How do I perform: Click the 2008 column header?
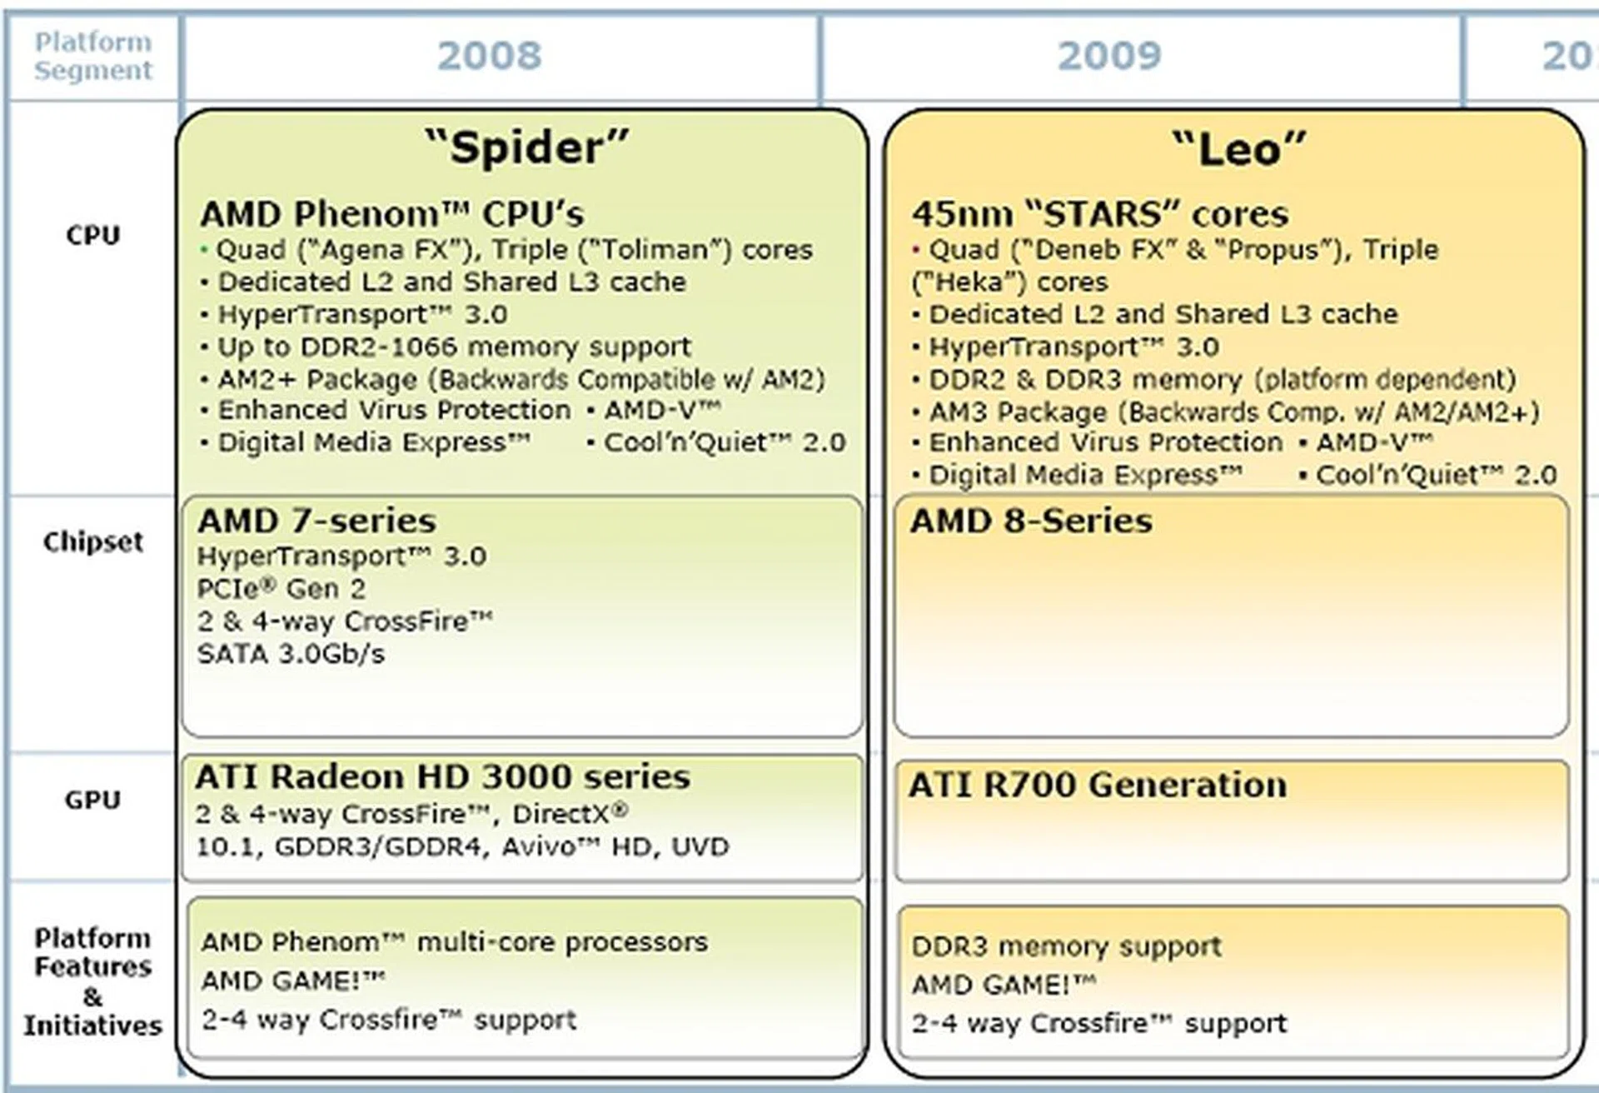coord(490,56)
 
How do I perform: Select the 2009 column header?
coord(1109,56)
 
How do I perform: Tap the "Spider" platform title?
coord(526,147)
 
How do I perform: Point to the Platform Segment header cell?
coord(93,56)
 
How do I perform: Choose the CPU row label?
coord(93,235)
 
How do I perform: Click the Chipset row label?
coord(93,542)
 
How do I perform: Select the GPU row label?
coord(93,800)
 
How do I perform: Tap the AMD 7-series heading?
coord(316,521)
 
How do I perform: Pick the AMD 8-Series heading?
coord(1031,521)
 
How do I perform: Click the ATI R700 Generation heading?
coord(1098,785)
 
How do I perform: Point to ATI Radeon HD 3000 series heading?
coord(443,776)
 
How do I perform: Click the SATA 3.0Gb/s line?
coord(291,654)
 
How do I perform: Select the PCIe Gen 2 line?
coord(281,589)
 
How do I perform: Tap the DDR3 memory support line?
coord(1067,947)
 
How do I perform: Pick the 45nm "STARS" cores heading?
coord(1100,214)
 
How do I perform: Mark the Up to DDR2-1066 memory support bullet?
coord(446,347)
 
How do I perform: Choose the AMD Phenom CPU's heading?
coord(392,214)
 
